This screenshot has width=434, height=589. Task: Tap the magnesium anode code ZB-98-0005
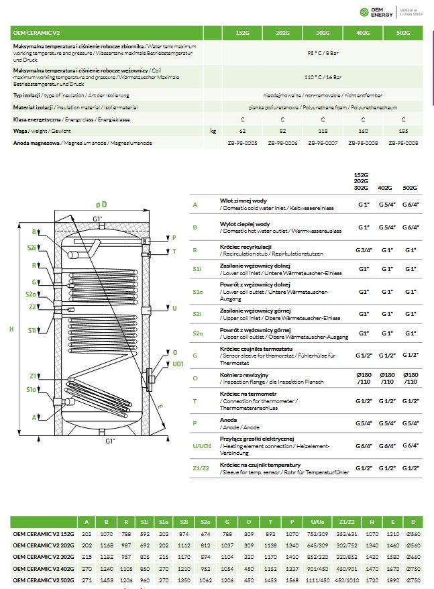243,143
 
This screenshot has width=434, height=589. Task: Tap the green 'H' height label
11,329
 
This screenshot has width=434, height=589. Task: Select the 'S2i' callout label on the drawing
32,248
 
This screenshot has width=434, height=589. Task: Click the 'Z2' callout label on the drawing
32,307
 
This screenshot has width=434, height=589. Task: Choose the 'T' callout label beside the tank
174,251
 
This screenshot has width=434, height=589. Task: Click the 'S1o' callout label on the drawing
31,390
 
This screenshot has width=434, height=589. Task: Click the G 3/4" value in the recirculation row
364,250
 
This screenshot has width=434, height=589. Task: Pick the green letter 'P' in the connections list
195,424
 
